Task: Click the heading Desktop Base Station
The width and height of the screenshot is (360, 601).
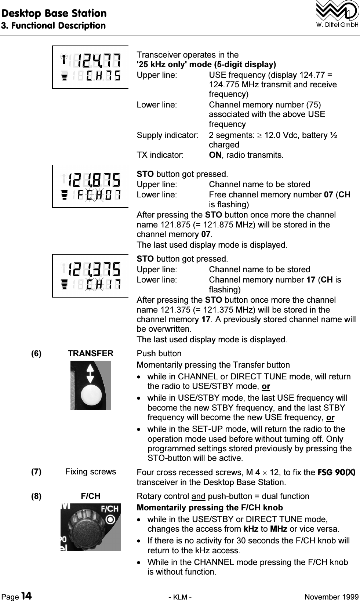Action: click(54, 13)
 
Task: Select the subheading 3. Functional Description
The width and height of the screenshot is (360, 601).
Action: click(53, 25)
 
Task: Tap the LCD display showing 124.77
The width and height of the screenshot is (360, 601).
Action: click(91, 67)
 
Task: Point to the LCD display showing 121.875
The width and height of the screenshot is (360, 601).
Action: click(91, 186)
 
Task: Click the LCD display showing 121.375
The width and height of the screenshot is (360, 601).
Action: click(91, 276)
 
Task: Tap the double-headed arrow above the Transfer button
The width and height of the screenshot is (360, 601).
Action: click(91, 373)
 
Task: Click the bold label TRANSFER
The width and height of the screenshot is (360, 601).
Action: click(91, 354)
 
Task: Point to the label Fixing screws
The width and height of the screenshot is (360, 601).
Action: click(91, 472)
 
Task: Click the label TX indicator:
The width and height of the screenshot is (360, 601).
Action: click(160, 155)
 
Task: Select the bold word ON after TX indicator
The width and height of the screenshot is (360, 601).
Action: click(215, 155)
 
